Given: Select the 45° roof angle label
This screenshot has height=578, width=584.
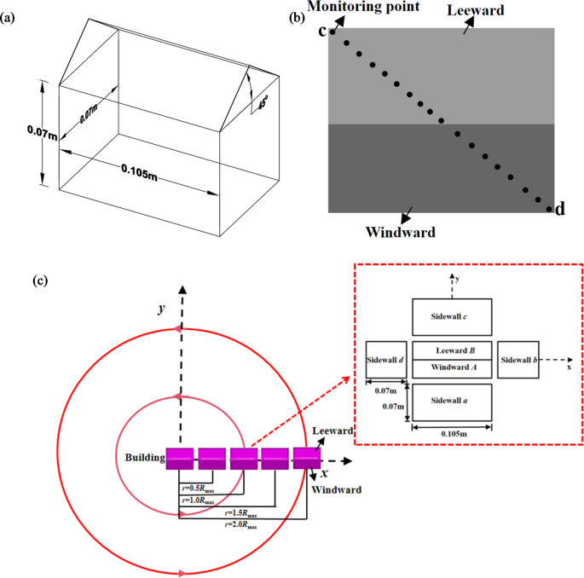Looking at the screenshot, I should [262, 107].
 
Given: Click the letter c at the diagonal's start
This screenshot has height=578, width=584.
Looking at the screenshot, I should [322, 32].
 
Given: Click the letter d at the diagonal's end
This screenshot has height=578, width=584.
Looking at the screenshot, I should [560, 209].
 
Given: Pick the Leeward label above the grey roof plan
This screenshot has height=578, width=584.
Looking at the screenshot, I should [498, 9].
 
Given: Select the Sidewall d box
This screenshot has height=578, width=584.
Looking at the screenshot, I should [385, 360].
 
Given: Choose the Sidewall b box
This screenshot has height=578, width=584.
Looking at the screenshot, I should [518, 360].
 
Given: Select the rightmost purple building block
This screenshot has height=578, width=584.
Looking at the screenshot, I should [307, 458].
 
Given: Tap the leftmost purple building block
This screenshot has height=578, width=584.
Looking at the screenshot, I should [180, 458].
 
